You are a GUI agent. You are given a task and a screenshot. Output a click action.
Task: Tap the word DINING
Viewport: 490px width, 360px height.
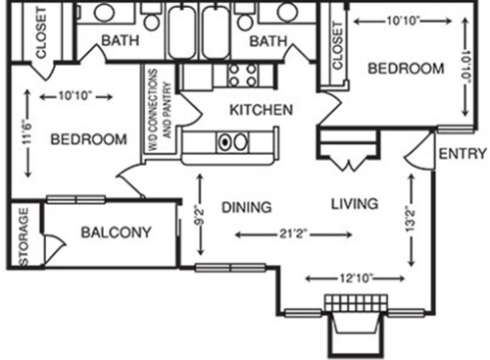245,206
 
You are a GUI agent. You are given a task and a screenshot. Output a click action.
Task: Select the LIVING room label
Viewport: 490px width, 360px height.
354,204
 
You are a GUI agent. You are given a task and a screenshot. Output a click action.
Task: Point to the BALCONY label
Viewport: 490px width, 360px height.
116,232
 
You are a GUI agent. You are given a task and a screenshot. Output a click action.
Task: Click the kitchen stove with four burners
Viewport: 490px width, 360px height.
242,74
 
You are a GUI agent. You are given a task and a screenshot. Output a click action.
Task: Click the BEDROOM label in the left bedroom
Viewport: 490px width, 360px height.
88,139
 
